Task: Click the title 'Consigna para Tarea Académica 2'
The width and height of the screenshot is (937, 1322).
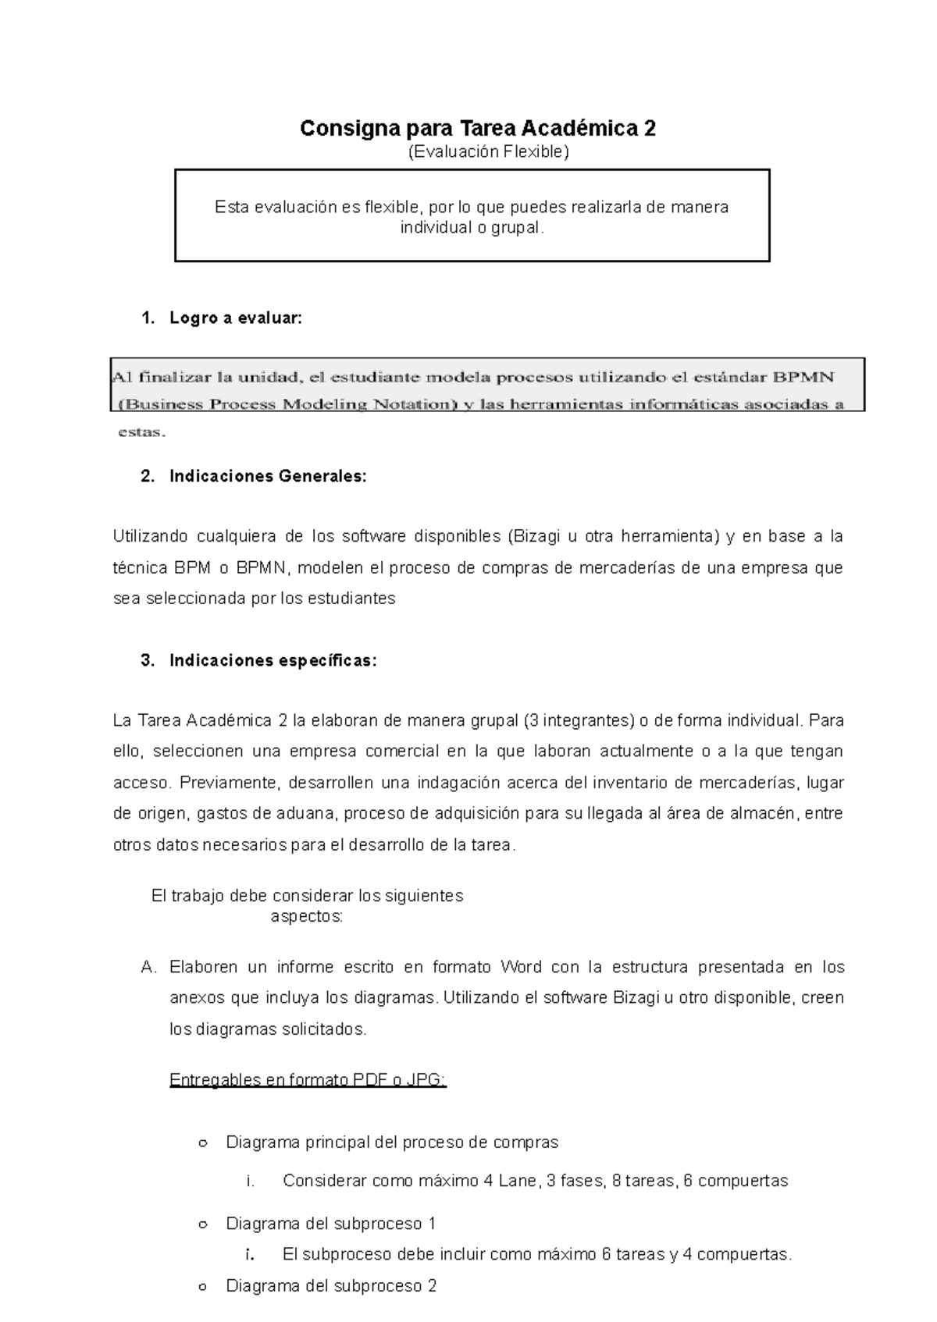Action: coord(478,128)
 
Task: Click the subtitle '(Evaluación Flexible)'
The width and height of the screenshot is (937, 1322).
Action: coord(489,152)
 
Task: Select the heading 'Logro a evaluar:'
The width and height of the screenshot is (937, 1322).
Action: coord(234,318)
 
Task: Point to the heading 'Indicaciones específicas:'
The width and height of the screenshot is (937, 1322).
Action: coord(273,660)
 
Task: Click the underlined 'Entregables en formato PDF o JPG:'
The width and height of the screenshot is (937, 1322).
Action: coord(308,1080)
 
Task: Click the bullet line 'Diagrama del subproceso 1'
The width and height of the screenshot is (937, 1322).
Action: coord(330,1223)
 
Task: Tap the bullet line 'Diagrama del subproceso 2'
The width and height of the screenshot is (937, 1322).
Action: coord(330,1285)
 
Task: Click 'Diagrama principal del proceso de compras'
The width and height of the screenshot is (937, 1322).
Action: coord(392,1143)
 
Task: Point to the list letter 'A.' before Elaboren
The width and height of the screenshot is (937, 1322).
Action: coord(150,968)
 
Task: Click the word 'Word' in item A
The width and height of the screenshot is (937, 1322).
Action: coord(521,968)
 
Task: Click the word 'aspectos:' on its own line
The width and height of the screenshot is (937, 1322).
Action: coord(306,916)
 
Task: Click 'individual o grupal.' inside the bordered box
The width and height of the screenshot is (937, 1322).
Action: coord(472,228)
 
